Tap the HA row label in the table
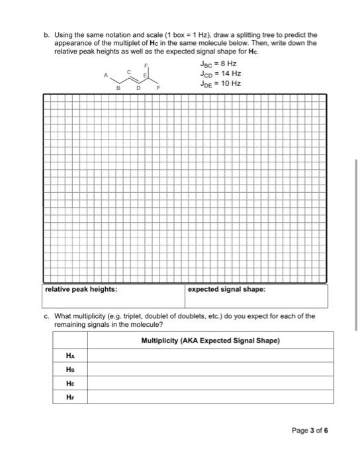tap(71, 355)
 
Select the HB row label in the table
tap(71, 369)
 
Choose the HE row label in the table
tap(71, 383)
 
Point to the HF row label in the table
tap(71, 397)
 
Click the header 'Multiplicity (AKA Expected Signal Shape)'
tap(210, 341)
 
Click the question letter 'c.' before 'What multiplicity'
tap(46, 316)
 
